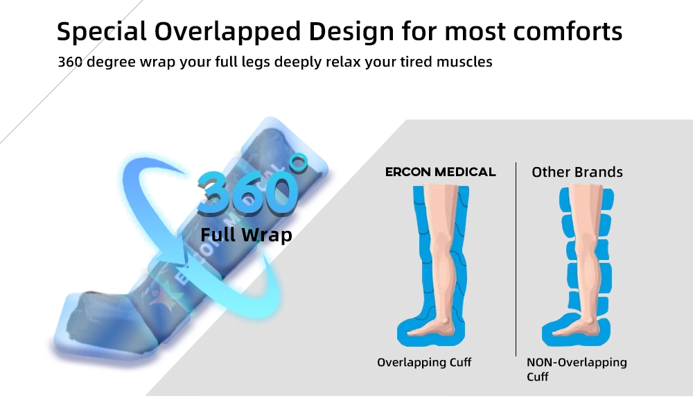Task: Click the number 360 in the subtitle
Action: point(70,62)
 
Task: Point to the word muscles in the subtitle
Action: point(464,62)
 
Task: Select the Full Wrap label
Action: point(246,234)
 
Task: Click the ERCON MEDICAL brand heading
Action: point(441,172)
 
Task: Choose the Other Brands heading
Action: point(577,172)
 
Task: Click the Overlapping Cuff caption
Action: point(424,363)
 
